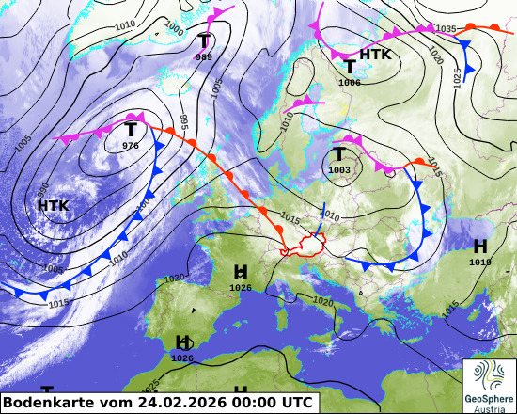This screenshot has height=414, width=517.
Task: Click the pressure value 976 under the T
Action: tap(131, 146)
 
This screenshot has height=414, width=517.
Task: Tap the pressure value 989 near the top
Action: tap(204, 57)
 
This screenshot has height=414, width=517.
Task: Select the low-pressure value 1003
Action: tap(338, 169)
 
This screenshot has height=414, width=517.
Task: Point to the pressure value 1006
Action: tap(350, 83)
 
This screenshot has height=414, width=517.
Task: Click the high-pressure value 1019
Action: tap(480, 263)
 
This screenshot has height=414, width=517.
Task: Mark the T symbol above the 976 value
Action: tap(131, 129)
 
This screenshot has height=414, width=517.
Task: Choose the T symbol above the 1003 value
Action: tap(338, 153)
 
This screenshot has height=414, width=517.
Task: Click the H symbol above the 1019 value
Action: tap(480, 246)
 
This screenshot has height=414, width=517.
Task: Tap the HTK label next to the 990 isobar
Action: tap(54, 205)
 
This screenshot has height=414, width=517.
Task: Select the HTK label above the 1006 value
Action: tap(375, 55)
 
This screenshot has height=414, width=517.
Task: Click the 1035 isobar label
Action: tap(446, 29)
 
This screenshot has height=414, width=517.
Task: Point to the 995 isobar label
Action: tap(184, 121)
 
